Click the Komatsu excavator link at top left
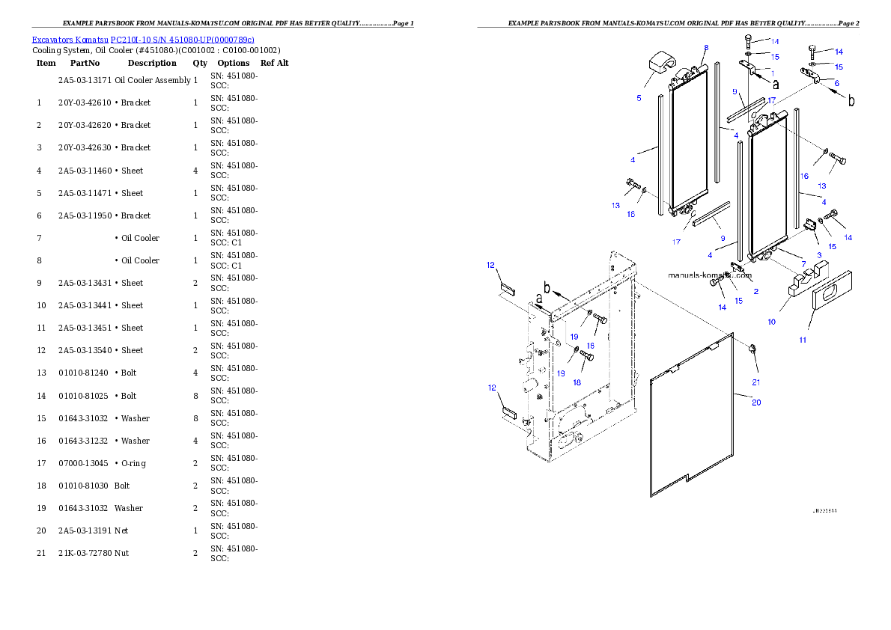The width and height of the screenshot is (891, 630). [x=143, y=40]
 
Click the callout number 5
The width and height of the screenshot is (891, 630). [x=639, y=98]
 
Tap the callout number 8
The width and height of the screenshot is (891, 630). [x=705, y=48]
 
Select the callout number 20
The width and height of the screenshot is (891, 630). [x=756, y=402]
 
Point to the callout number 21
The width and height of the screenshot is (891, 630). [x=756, y=382]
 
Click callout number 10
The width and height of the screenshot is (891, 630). [x=771, y=322]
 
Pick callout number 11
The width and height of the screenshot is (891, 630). [x=802, y=340]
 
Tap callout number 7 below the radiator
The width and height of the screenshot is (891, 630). [x=803, y=264]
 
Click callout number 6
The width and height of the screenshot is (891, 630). [x=836, y=83]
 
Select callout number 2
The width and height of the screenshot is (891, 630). [x=755, y=291]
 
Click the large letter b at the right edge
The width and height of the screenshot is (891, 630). [x=851, y=101]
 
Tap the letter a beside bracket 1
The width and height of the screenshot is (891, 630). [x=775, y=85]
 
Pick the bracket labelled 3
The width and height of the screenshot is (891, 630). [x=810, y=224]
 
